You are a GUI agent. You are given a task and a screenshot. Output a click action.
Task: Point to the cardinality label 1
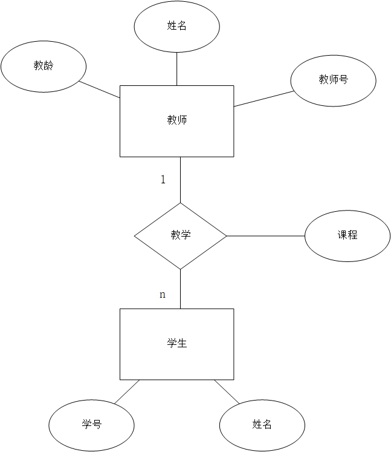(x=163, y=180)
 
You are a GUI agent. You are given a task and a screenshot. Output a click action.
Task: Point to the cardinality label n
(x=162, y=295)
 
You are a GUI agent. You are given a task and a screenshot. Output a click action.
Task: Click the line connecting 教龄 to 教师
(x=100, y=90)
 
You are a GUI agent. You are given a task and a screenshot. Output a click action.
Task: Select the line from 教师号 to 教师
(x=263, y=99)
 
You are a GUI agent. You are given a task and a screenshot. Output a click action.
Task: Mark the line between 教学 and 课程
(x=265, y=236)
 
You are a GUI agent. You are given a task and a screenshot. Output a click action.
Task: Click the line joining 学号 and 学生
(x=127, y=392)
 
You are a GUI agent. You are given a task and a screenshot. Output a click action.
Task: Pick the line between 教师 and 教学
(x=180, y=180)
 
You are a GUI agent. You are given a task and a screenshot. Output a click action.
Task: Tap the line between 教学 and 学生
(x=180, y=289)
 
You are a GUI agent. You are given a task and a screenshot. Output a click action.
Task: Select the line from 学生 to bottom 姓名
(x=227, y=392)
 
